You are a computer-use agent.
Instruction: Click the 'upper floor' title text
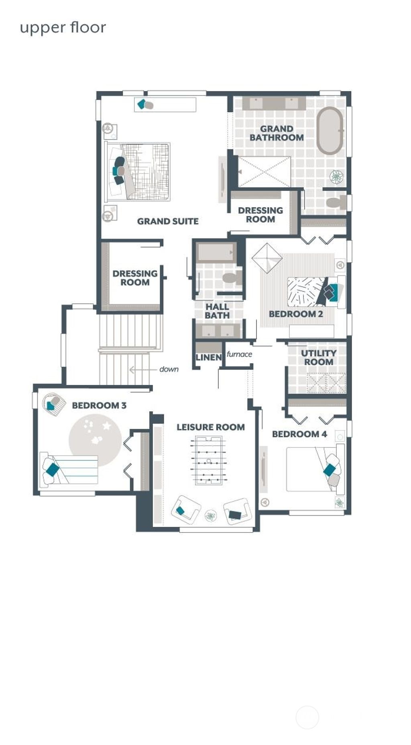[x=63, y=28]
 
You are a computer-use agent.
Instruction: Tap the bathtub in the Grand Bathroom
[x=330, y=130]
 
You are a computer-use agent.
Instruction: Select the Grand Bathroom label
[x=277, y=133]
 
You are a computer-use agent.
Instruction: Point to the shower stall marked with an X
[x=264, y=172]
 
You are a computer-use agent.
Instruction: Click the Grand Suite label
[x=168, y=221]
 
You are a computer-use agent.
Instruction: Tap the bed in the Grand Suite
[x=138, y=172]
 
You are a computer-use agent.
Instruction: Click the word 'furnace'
[x=239, y=354]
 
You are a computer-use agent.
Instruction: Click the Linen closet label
[x=208, y=357]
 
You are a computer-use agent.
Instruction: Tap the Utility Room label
[x=319, y=357]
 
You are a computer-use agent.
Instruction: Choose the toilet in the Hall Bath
[x=232, y=278]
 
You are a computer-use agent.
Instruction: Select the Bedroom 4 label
[x=299, y=434]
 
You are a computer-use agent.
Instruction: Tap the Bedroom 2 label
[x=296, y=314]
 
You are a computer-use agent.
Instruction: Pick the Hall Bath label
[x=217, y=311]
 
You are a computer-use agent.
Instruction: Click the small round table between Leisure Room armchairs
[x=211, y=516]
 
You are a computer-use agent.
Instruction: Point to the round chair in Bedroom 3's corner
[x=54, y=403]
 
